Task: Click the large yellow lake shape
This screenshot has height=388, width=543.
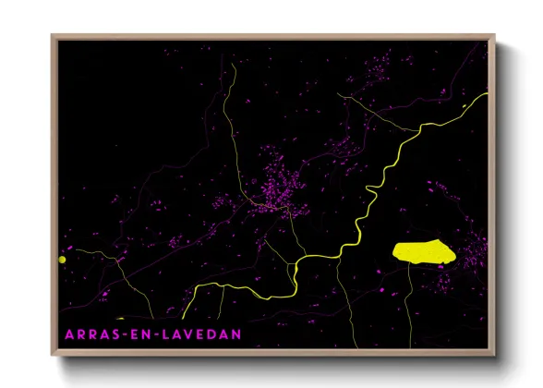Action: pyautogui.click(x=423, y=250)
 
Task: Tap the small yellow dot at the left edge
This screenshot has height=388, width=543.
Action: pyautogui.click(x=63, y=260)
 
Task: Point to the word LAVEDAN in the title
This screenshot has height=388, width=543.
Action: pyautogui.click(x=202, y=333)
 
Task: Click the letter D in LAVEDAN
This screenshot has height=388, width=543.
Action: pyautogui.click(x=221, y=333)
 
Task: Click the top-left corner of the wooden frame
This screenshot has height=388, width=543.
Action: pyautogui.click(x=53, y=36)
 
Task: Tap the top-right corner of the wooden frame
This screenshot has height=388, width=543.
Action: pyautogui.click(x=494, y=36)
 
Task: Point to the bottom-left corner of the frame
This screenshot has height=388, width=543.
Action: pyautogui.click(x=53, y=354)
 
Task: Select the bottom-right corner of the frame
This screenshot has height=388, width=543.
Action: pyautogui.click(x=494, y=354)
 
